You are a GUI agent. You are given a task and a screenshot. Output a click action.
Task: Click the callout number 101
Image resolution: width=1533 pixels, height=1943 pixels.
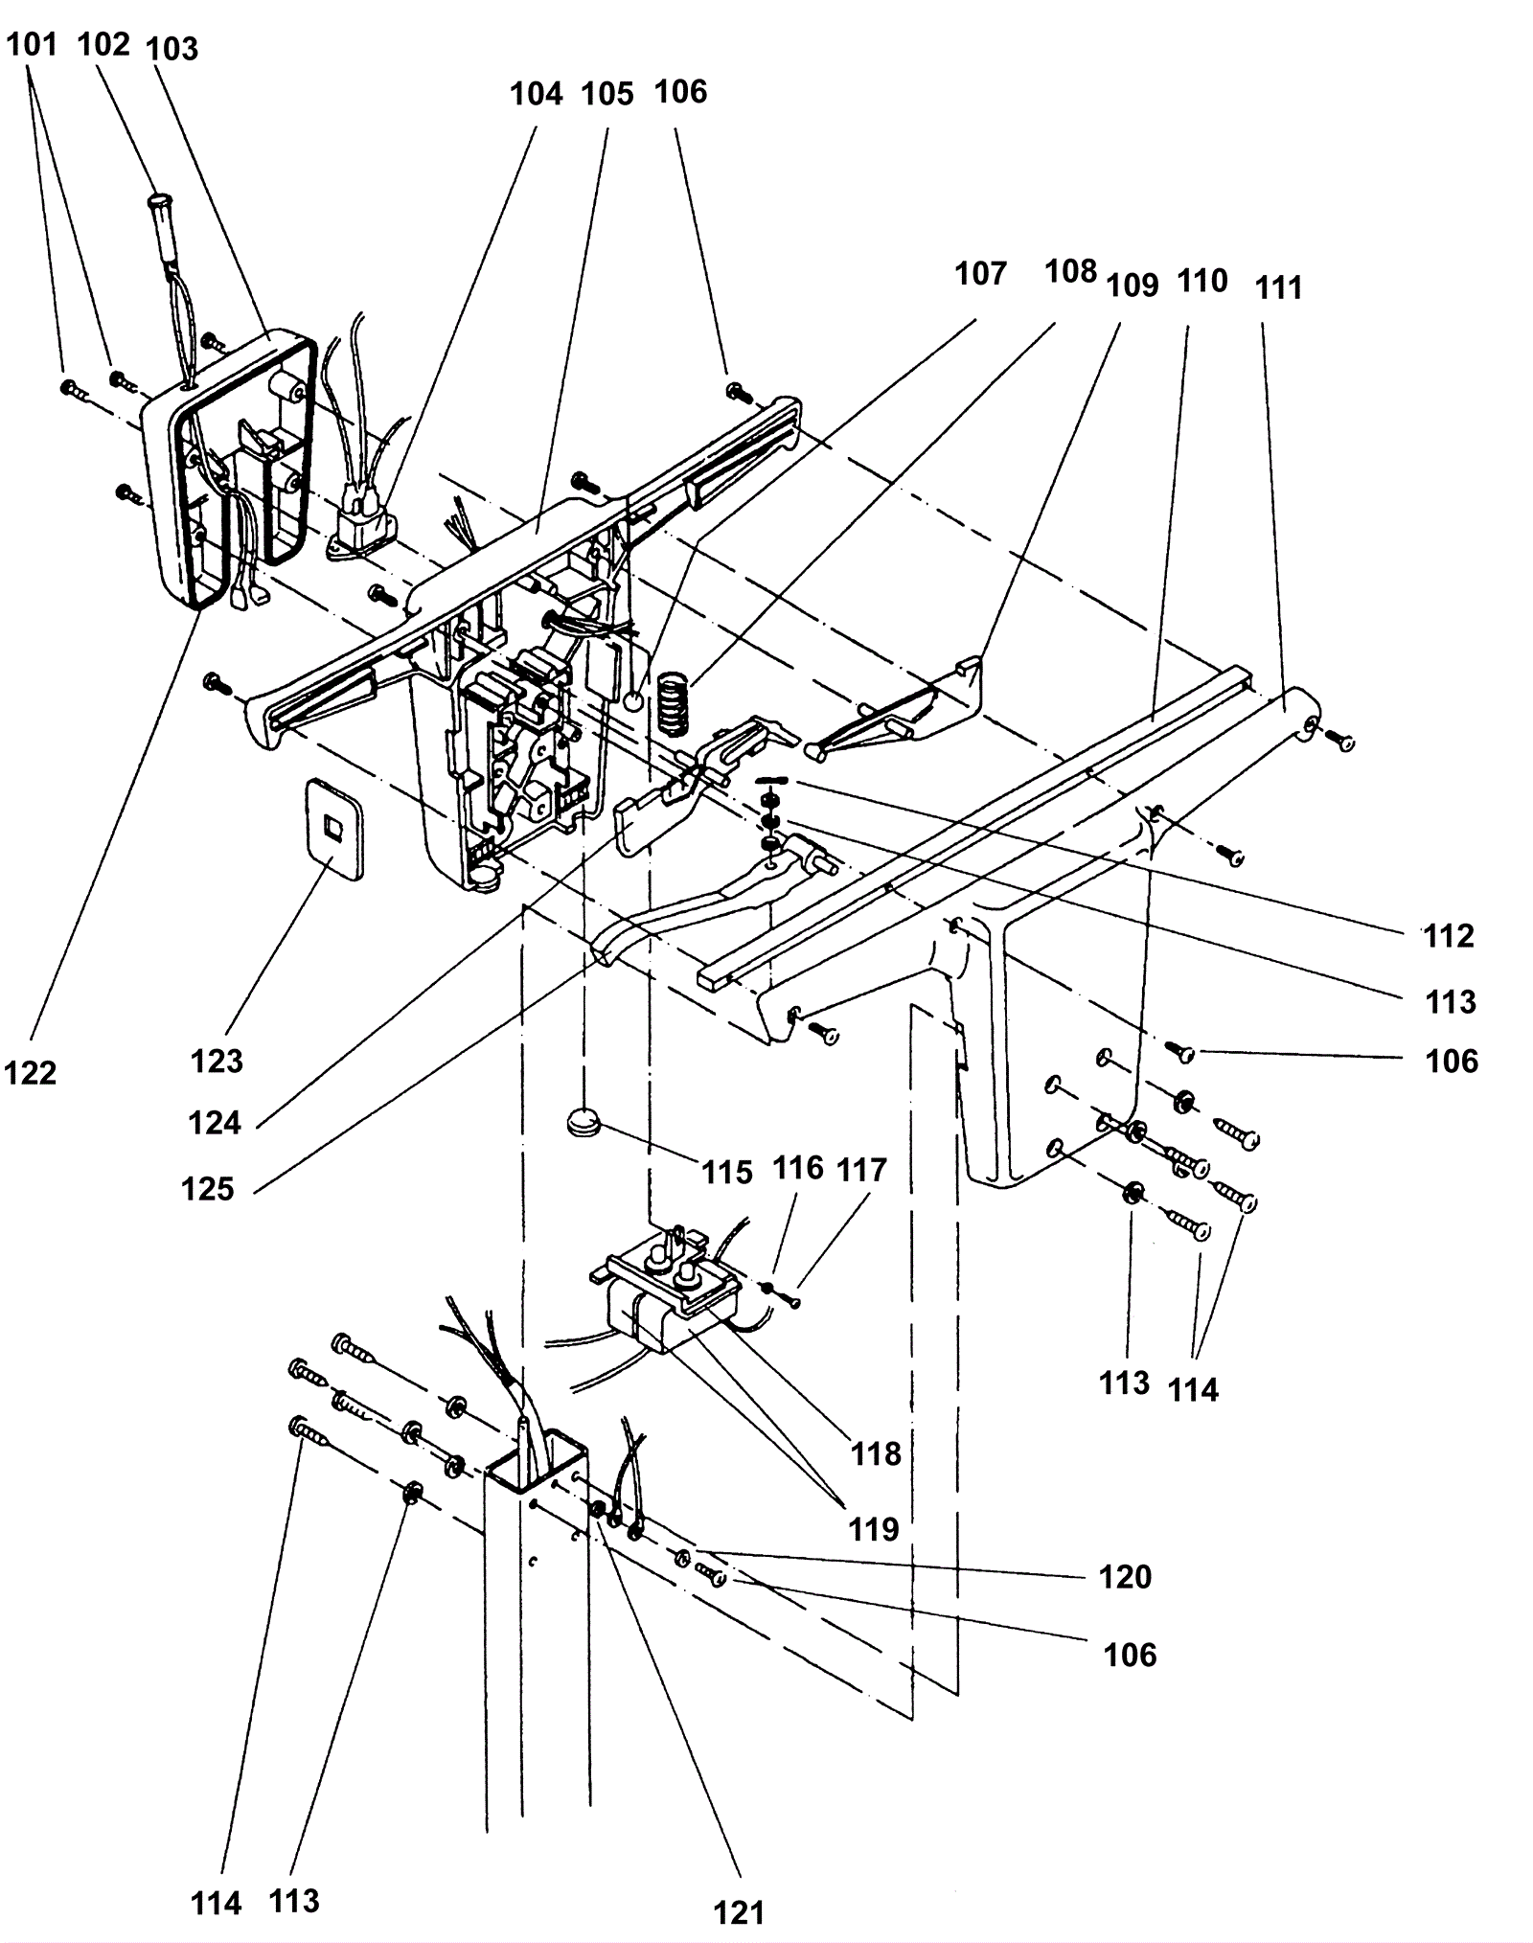point(33,45)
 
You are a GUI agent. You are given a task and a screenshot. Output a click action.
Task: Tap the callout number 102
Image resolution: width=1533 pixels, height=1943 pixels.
point(103,45)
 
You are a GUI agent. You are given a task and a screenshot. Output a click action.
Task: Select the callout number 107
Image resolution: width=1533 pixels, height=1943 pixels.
point(980,274)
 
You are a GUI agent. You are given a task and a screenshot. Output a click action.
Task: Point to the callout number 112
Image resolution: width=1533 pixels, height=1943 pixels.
point(1448,936)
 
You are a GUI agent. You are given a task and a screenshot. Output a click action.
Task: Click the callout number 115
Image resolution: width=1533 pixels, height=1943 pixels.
point(727,1172)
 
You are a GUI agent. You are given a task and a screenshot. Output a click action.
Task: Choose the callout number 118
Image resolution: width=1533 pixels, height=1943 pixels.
point(876,1453)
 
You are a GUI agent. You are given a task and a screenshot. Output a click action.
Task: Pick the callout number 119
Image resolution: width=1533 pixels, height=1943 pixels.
point(873,1529)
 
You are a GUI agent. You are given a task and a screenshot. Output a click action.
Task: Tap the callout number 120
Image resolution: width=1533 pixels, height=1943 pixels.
point(1125,1576)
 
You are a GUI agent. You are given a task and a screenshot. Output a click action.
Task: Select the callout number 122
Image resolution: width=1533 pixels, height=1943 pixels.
point(31,1073)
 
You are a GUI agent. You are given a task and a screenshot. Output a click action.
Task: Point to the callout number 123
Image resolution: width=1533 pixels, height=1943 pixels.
point(217,1061)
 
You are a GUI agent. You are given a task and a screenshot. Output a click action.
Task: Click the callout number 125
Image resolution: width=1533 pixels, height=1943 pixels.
point(208,1189)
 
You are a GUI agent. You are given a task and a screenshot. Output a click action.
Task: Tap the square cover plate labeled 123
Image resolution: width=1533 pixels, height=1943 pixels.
point(332,827)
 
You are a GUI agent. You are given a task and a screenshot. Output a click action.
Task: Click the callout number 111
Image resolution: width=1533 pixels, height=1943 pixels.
point(1279,287)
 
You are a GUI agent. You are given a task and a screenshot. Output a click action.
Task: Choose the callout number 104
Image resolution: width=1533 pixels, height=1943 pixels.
point(536,94)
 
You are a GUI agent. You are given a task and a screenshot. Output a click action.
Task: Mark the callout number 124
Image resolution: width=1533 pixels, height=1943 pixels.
point(215,1122)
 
